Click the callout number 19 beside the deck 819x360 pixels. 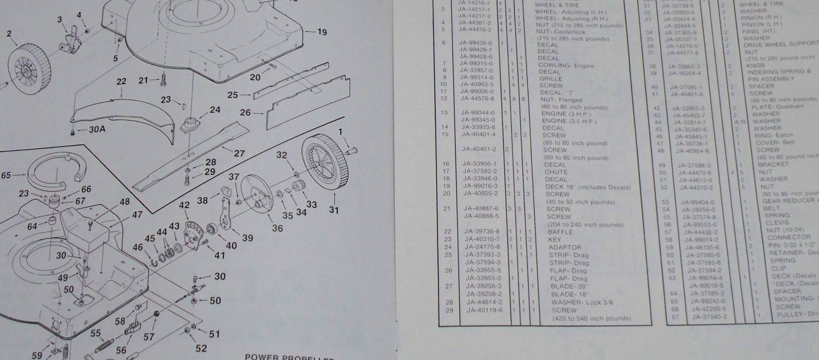point(322,32)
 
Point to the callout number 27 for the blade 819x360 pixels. point(239,154)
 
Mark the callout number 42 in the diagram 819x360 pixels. point(184,205)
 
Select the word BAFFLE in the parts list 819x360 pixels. point(559,231)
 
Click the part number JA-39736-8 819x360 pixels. point(483,231)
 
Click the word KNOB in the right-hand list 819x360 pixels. point(756,64)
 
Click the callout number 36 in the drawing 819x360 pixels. point(277,228)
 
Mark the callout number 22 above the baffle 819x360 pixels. point(121,81)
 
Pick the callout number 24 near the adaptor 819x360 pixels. point(215,110)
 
